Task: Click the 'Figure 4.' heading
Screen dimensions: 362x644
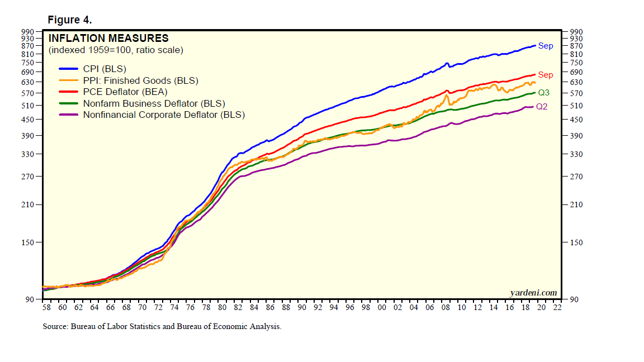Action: (70, 20)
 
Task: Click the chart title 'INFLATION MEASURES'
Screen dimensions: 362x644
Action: (108, 39)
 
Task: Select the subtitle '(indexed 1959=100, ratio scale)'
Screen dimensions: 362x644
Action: (116, 50)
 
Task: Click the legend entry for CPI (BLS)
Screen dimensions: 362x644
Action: (105, 69)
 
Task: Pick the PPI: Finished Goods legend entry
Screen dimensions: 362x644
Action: (140, 81)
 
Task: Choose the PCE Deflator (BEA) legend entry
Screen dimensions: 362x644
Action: (125, 92)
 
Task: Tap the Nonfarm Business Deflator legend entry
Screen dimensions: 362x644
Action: (154, 103)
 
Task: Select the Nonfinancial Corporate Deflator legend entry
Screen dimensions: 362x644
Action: (164, 115)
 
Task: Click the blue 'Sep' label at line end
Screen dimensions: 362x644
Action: (546, 46)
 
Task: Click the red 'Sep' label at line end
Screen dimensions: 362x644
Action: (546, 75)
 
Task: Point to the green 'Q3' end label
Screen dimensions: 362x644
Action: (543, 93)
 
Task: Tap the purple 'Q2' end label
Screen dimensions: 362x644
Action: (542, 107)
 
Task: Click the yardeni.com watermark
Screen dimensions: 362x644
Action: (533, 293)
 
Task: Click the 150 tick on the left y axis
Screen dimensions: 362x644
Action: (30, 242)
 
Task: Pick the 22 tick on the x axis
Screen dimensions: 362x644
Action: (557, 307)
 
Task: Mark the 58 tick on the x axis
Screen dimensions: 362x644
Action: (46, 307)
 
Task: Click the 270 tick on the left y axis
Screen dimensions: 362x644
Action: (30, 177)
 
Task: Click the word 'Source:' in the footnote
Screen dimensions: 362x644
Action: (55, 327)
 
